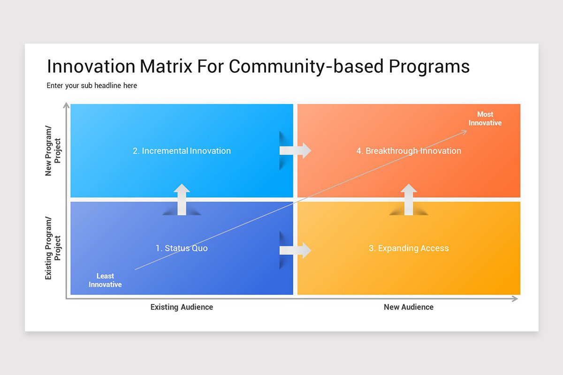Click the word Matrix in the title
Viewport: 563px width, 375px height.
[166, 67]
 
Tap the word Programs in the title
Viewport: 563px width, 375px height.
[429, 67]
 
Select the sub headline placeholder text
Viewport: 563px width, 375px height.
[92, 86]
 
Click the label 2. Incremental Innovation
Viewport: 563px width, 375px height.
[182, 151]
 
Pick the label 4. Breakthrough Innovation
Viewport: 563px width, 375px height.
[409, 151]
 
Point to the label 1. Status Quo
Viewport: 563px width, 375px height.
[182, 248]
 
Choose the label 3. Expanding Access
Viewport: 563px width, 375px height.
[409, 248]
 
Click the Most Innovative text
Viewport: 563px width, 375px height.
[485, 119]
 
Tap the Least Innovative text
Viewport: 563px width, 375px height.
[105, 280]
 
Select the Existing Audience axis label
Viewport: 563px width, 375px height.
[182, 307]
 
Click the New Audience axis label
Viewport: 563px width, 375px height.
[409, 307]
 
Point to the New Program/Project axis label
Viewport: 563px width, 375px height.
[53, 150]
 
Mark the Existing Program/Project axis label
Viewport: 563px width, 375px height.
[53, 248]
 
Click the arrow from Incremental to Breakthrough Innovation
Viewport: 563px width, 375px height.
[296, 150]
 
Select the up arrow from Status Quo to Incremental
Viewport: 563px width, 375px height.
[182, 199]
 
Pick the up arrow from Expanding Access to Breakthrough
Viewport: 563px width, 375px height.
[409, 199]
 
